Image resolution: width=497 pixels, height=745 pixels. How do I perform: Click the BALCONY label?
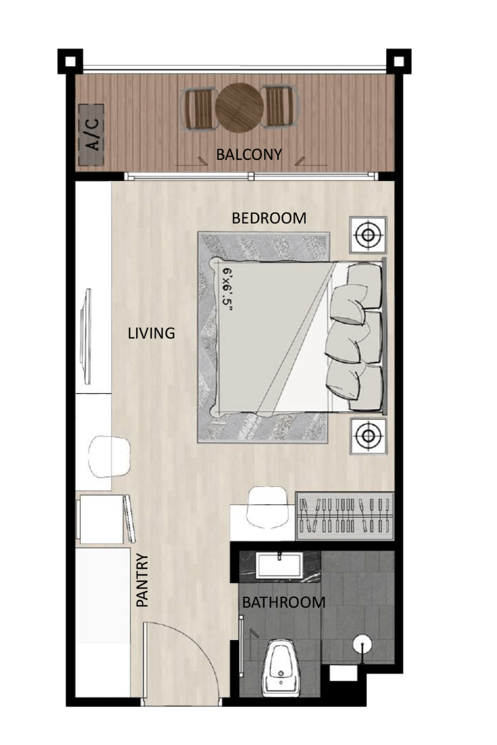point(249,154)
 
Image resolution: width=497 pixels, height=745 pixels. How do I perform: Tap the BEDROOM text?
point(268,218)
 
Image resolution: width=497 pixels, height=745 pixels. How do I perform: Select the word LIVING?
point(151,333)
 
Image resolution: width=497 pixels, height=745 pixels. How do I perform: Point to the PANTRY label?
point(142,580)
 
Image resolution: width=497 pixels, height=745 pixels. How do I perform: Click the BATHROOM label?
point(284,602)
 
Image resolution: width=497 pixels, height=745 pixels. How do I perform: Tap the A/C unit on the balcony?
point(91,135)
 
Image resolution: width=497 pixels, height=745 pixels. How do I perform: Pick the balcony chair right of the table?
point(280,106)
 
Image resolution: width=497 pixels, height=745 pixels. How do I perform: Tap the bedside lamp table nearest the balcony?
point(368,235)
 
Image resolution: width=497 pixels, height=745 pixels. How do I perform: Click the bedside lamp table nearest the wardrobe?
point(368,436)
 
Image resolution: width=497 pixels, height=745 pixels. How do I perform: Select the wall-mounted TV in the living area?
point(86,336)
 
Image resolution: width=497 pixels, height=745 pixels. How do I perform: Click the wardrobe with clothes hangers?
point(345,516)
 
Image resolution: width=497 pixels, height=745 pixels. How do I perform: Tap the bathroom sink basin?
point(280,565)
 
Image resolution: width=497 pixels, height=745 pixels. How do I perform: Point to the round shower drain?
point(362,644)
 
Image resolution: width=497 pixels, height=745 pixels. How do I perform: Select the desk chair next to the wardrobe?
point(267,507)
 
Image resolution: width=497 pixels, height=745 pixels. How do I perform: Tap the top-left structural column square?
point(70,61)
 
